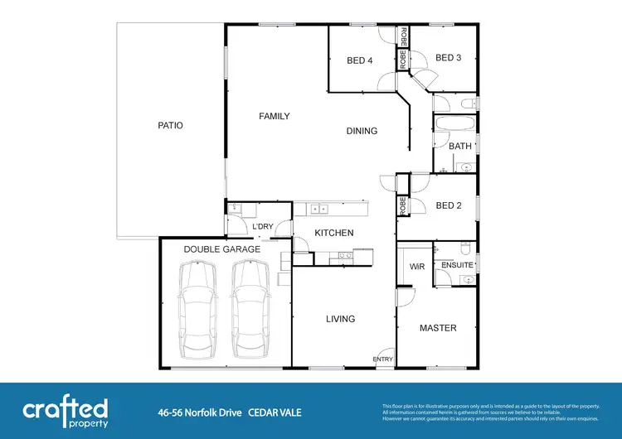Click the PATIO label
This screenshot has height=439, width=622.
[x=170, y=126]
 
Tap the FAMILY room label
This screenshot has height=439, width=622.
[x=274, y=116]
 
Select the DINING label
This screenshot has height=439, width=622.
[x=362, y=131]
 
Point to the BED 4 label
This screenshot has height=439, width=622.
[x=359, y=59]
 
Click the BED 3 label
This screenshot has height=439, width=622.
[x=448, y=57]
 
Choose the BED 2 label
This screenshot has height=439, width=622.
[x=448, y=205]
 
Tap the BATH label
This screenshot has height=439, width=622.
[x=460, y=147]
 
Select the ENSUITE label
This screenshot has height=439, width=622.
[x=457, y=265]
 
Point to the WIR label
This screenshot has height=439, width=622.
[x=417, y=267]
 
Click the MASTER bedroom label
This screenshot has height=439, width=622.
[x=438, y=328]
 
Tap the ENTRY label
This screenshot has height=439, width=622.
[x=383, y=359]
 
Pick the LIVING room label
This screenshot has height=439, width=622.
[x=340, y=319]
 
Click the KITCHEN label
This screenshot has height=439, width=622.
[x=334, y=233]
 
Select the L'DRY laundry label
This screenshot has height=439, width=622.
[x=263, y=227]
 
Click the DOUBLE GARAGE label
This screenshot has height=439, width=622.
[x=222, y=248]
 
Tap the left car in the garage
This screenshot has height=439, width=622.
[x=198, y=306]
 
